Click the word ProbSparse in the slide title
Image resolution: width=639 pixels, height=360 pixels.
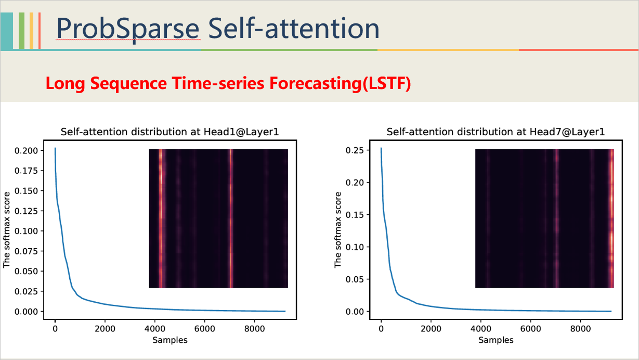[x=128, y=29]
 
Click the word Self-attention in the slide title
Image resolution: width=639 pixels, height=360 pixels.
[x=293, y=29]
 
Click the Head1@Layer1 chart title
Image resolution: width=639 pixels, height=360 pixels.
[x=170, y=132]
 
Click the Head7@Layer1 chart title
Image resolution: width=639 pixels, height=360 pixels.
[x=495, y=132]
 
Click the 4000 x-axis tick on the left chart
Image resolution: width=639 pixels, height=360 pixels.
[x=155, y=329]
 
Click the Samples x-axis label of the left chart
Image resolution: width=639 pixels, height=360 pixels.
[x=170, y=340]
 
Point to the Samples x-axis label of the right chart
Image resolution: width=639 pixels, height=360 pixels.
[x=496, y=340]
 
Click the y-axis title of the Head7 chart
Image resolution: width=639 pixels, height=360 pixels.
[x=338, y=230]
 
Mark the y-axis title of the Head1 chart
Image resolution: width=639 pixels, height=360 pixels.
[x=7, y=230]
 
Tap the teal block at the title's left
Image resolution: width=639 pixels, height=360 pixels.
[x=6, y=31]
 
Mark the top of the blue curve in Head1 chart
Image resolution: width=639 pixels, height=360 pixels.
[x=55, y=149]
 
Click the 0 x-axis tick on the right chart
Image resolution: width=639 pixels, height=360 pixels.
[x=381, y=329]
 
